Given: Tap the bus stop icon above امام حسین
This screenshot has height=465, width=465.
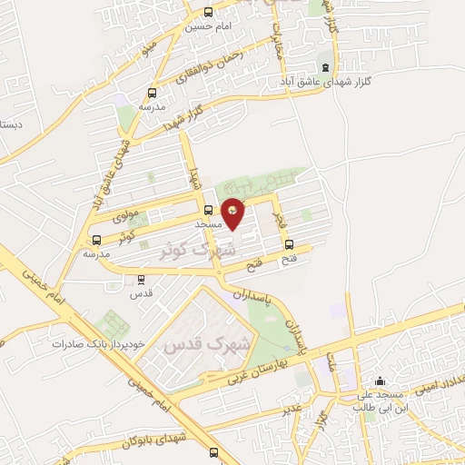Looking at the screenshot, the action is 210,13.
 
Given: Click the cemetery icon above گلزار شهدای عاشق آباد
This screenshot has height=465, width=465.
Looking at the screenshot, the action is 325,67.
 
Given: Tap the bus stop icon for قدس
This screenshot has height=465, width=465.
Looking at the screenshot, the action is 140,280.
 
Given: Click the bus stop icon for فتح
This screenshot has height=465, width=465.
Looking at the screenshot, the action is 290,243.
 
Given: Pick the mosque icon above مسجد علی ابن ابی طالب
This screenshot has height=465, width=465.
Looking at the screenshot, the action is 380,381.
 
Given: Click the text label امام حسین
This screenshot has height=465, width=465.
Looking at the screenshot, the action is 210,26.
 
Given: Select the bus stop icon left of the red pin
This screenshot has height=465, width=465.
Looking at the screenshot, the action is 208,206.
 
